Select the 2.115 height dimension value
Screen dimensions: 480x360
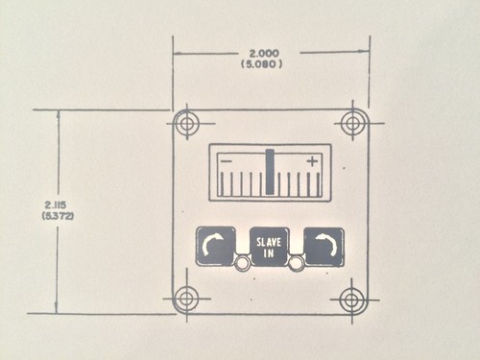(x=56, y=205)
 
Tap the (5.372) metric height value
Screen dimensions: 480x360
(x=56, y=218)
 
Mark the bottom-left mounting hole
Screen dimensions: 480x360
(x=186, y=299)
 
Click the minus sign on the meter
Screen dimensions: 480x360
(x=225, y=162)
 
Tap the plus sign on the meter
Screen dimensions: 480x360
(x=312, y=162)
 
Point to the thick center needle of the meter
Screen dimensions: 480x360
(x=271, y=171)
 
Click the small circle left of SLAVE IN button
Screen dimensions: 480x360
(x=243, y=263)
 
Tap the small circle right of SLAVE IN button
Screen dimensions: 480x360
(x=298, y=263)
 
